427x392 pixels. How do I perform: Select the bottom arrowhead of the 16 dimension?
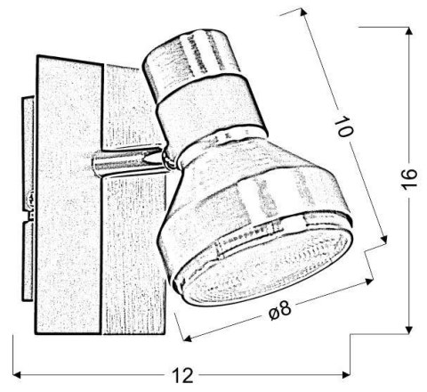[x=408, y=328]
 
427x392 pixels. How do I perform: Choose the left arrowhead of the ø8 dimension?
[x=184, y=338]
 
